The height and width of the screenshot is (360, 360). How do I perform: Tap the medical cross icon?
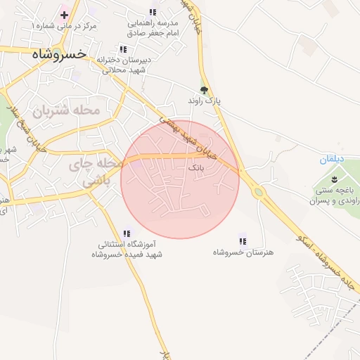click(x=64, y=15)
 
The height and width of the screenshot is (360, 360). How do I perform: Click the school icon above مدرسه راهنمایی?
click(x=153, y=12)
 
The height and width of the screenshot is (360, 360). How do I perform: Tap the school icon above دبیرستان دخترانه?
click(x=124, y=49)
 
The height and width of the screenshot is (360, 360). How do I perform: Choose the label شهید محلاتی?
click(x=124, y=70)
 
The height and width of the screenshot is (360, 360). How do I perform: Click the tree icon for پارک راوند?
click(x=204, y=89)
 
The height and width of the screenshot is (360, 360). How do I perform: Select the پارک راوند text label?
click(x=204, y=101)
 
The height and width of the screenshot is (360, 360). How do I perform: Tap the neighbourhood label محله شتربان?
click(x=67, y=110)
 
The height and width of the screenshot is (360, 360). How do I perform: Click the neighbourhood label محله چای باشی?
click(x=96, y=172)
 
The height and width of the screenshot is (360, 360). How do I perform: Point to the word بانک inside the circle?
click(x=196, y=169)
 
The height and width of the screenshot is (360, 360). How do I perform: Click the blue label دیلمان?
click(x=330, y=160)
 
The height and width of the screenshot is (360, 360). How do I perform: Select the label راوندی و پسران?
click(x=333, y=200)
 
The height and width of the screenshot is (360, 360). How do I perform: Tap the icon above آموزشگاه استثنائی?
click(x=127, y=233)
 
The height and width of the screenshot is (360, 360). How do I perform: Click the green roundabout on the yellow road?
click(x=258, y=191)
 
